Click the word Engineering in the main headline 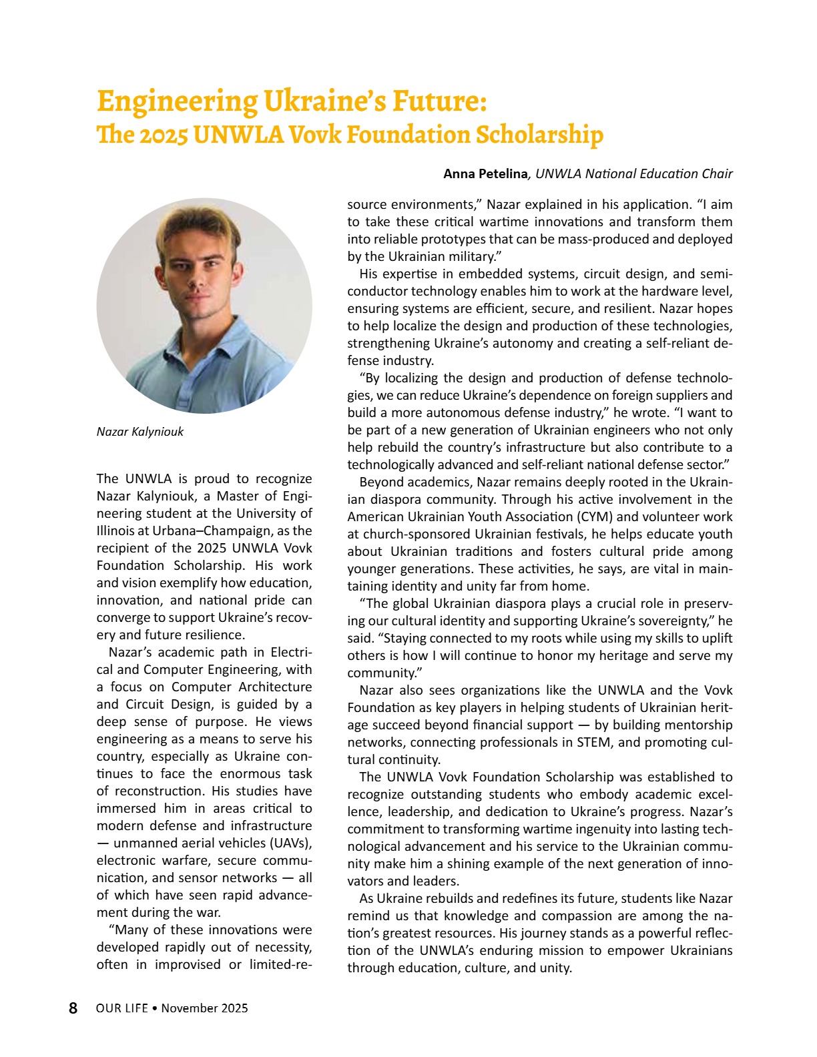coord(177,101)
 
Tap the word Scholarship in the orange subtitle coord(539,135)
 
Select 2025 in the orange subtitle coord(164,135)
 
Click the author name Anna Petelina coord(485,174)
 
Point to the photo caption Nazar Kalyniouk coord(140,432)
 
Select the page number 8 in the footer coord(73,1008)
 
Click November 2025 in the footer coord(204,1008)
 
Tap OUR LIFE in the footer coord(121,1008)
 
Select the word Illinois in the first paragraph coord(117,531)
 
